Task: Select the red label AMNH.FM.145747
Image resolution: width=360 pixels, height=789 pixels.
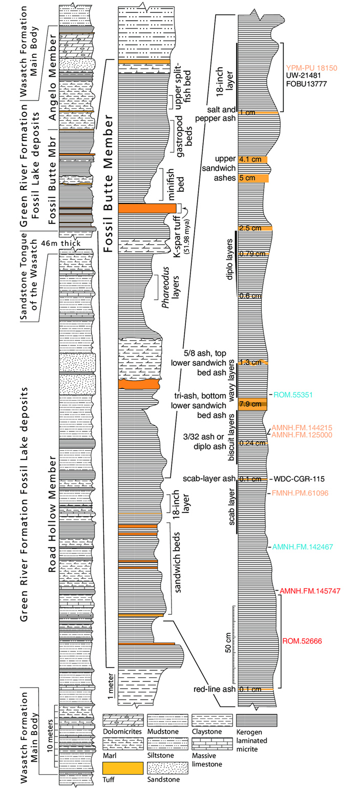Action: click(310, 591)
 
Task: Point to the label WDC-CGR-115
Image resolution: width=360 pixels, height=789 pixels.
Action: click(299, 479)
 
